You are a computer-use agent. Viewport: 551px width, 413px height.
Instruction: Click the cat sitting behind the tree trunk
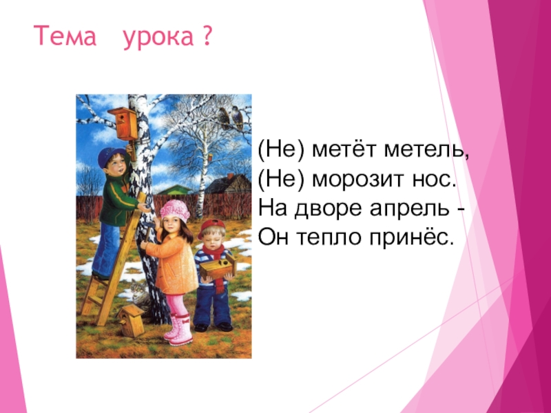click(140, 295)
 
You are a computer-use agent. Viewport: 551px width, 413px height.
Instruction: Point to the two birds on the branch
click(231, 118)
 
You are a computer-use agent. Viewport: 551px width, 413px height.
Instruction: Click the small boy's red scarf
click(217, 255)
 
